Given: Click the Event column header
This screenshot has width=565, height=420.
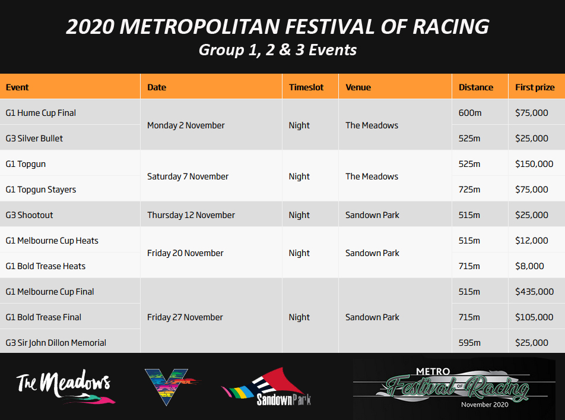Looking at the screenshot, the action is coord(17,87).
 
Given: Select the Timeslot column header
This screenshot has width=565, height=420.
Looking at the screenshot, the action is coord(306,87).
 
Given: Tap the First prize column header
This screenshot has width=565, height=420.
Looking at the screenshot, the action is coord(535,87).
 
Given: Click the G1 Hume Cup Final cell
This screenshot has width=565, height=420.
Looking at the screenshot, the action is coord(41,113).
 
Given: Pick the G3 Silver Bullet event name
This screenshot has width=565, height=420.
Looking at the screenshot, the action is coord(34,138).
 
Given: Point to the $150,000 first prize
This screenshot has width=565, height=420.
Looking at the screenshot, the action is coord(534,164).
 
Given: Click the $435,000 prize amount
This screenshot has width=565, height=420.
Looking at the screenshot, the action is coord(534,292).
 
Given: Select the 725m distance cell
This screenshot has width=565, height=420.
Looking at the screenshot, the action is coord(469,190).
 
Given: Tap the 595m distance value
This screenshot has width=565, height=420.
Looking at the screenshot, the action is coord(469,343).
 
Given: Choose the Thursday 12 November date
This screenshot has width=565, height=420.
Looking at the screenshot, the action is coord(191,215).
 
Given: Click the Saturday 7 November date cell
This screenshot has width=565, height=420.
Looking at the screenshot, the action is coord(188,176).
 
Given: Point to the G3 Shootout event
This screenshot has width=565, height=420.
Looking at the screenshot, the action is coord(29,215).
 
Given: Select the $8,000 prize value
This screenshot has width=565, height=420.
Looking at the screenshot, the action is coord(529,266).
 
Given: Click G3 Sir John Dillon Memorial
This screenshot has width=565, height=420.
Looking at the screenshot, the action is coord(56,343).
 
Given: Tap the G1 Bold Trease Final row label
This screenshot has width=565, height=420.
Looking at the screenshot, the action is coord(43,317).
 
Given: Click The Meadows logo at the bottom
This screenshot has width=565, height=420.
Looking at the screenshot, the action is coord(65,386).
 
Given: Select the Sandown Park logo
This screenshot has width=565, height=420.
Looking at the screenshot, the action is coord(266,387).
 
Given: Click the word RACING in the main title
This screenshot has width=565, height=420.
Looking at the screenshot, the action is coord(451,27).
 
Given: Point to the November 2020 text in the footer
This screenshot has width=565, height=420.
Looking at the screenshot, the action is coord(485,405).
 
